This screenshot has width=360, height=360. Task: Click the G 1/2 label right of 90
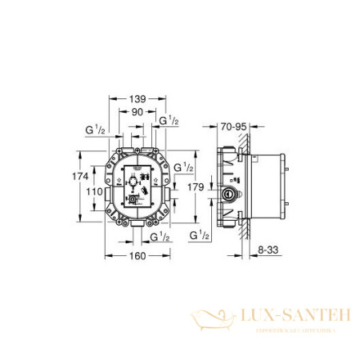tap(169, 121)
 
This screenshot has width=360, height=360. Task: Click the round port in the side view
tap(232, 193)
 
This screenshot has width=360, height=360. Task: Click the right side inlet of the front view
tap(169, 190)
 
